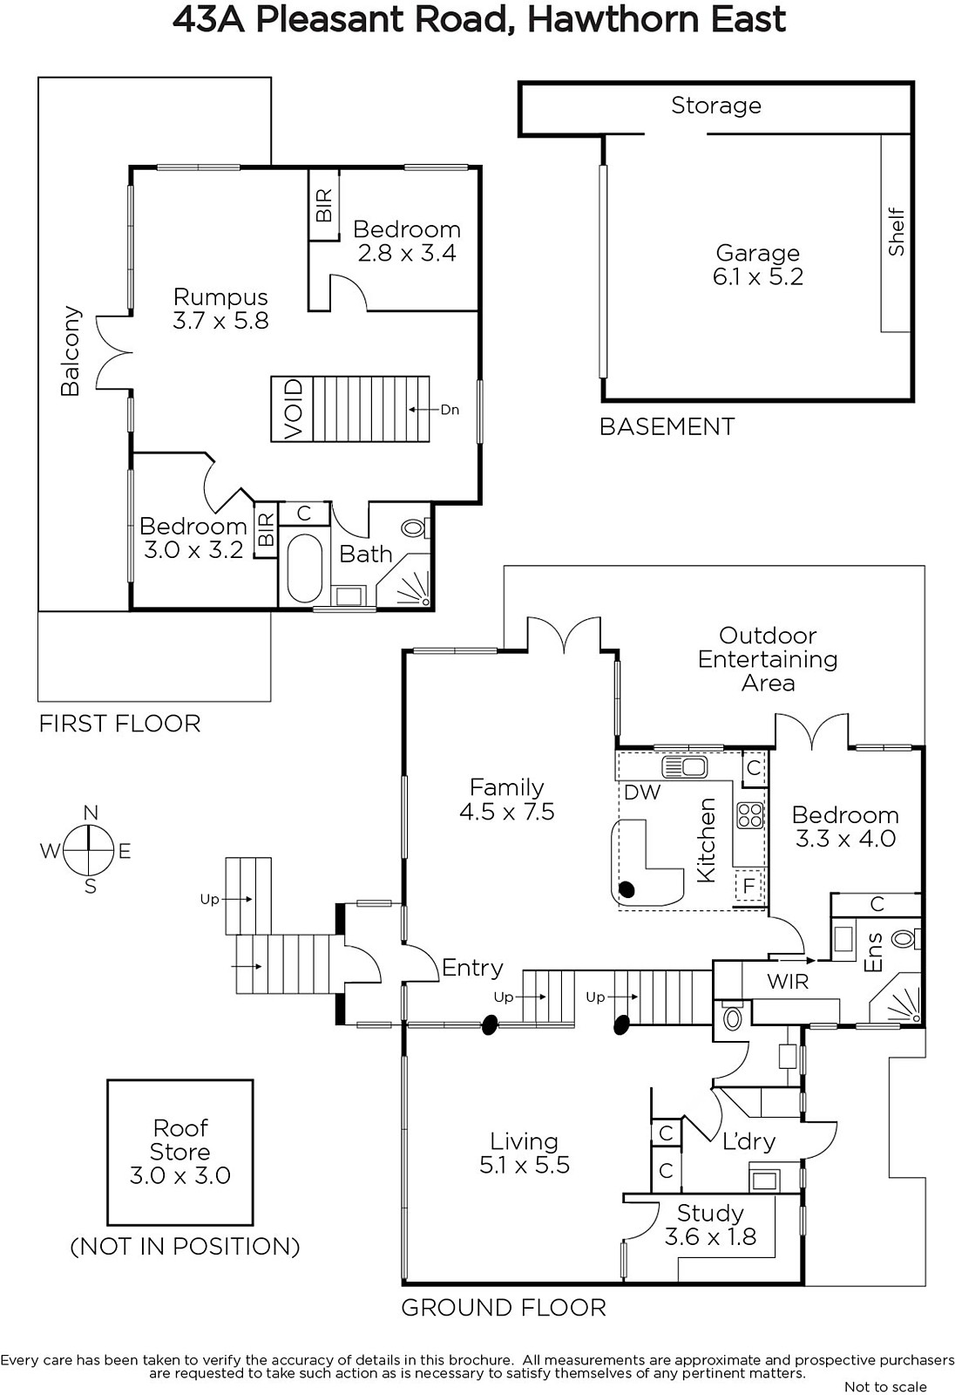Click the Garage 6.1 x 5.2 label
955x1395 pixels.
click(758, 265)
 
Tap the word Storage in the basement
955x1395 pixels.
click(716, 105)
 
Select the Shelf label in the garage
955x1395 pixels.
click(896, 231)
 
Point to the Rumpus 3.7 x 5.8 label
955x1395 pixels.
click(220, 309)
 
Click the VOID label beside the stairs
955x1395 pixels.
click(294, 409)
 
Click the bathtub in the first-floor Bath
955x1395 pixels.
click(305, 568)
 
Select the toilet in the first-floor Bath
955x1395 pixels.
click(414, 528)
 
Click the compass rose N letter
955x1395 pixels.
click(91, 813)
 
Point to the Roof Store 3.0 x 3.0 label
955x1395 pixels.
click(179, 1151)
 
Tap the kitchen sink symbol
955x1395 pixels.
click(685, 766)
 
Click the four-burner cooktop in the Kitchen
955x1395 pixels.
click(749, 815)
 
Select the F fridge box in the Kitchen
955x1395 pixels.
click(749, 886)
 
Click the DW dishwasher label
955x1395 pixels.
click(642, 793)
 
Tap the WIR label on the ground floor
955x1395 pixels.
click(788, 982)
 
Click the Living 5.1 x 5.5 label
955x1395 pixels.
click(525, 1153)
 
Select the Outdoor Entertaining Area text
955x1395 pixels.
click(768, 659)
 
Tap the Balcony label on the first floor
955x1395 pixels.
click(71, 351)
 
